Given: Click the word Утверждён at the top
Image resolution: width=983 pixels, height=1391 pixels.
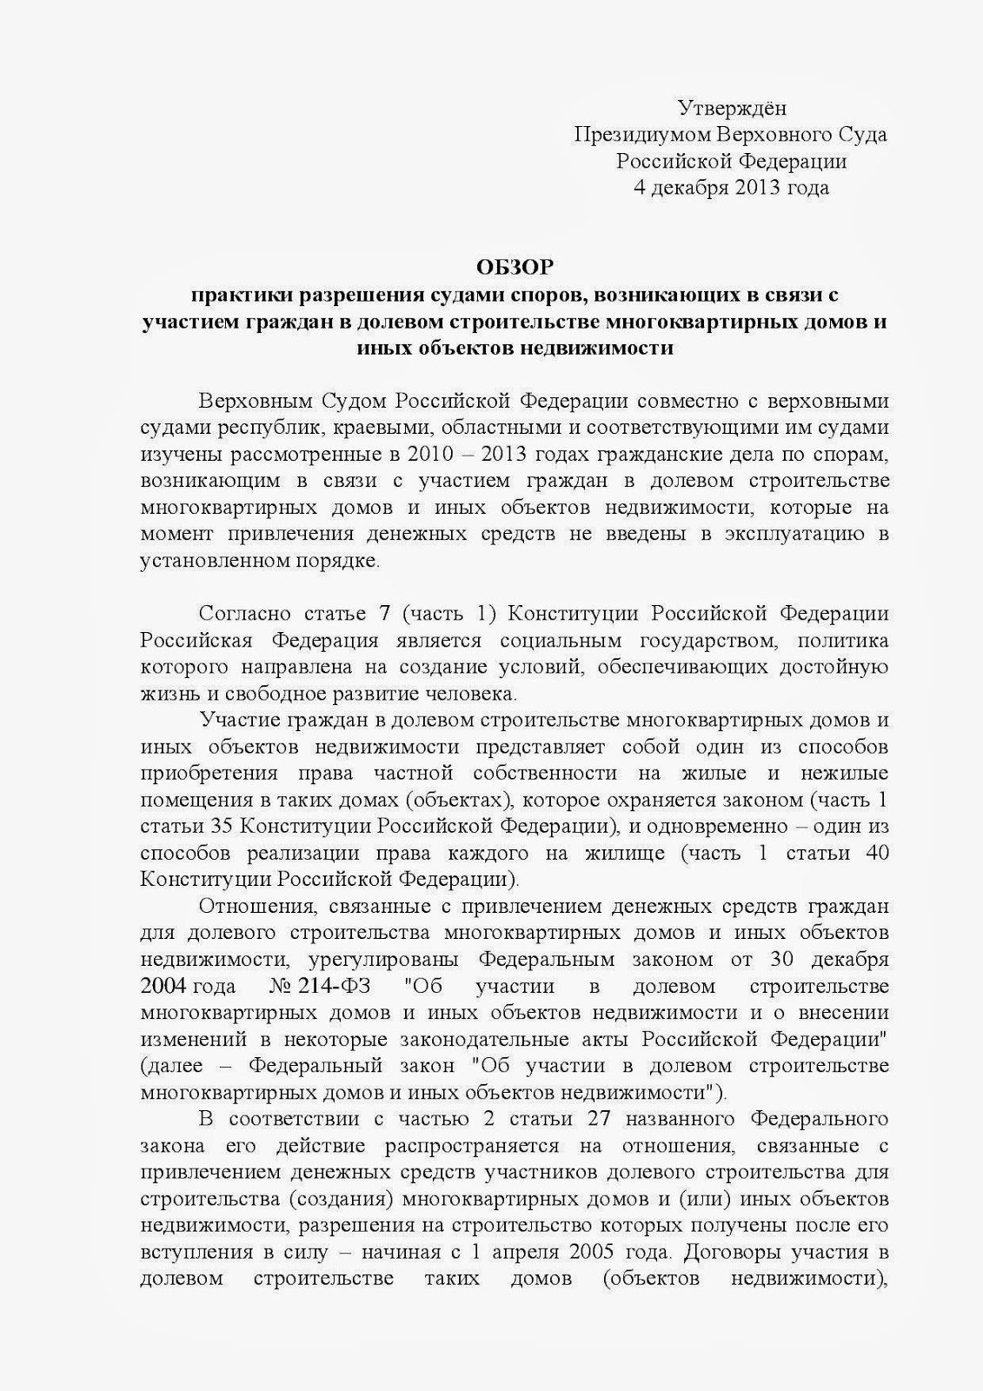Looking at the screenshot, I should (x=732, y=108).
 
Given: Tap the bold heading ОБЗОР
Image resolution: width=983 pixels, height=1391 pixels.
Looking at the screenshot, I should (x=514, y=266).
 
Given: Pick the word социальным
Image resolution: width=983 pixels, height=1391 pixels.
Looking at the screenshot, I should (x=561, y=641).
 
